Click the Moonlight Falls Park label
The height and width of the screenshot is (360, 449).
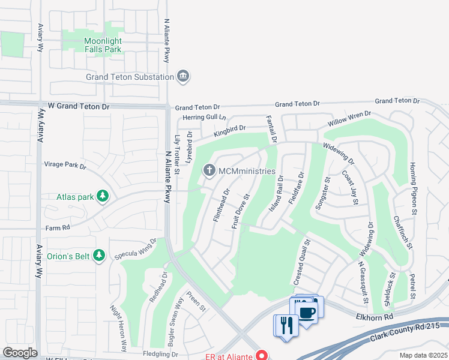pos(102,44)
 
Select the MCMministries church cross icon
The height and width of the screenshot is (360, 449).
pos(209,171)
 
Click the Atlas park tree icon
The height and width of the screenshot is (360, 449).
pos(103,196)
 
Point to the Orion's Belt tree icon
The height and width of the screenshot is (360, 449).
pos(99,256)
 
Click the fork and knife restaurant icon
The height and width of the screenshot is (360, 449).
pos(286,326)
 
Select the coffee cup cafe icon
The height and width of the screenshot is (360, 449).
pos(307,313)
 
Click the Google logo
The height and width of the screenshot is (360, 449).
pos(20,353)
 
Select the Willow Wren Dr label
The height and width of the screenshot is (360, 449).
pos(349,118)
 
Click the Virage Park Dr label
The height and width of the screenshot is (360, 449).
pos(65,164)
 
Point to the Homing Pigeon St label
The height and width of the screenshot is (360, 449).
pos(414,188)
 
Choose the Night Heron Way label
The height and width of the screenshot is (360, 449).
pos(119,328)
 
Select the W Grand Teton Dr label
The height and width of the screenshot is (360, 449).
pos(79,106)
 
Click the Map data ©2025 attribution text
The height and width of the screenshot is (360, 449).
pos(423,355)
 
